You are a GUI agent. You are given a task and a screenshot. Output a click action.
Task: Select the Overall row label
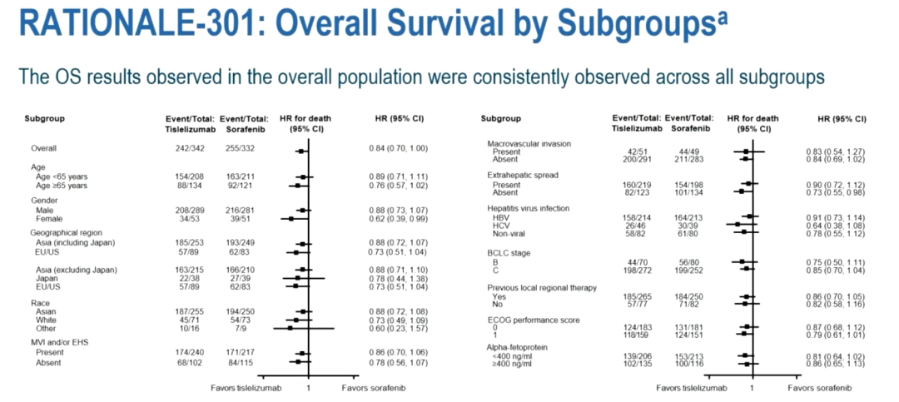click(44, 149)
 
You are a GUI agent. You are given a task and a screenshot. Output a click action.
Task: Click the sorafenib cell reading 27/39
click(239, 277)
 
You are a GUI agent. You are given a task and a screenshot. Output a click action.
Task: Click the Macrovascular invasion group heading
click(529, 143)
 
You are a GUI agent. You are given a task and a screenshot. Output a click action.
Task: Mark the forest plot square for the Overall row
click(300, 151)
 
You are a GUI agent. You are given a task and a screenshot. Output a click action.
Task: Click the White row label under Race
click(46, 320)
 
